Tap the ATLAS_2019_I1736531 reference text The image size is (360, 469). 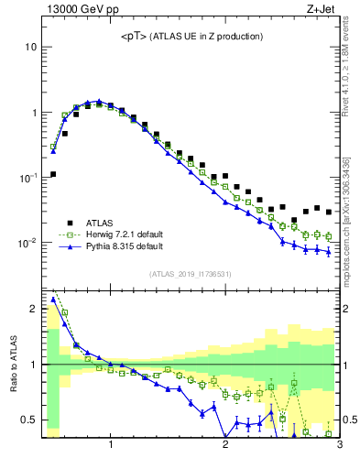(x=191, y=274)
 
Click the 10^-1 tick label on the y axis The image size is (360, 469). (x=27, y=178)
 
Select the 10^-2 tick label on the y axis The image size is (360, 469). (x=27, y=244)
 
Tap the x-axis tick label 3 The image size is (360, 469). (x=339, y=446)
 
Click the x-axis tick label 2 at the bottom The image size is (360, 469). (x=225, y=446)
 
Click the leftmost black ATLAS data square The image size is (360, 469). (x=53, y=174)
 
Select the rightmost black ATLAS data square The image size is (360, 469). (x=329, y=212)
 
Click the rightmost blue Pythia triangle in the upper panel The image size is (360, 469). (x=329, y=252)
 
